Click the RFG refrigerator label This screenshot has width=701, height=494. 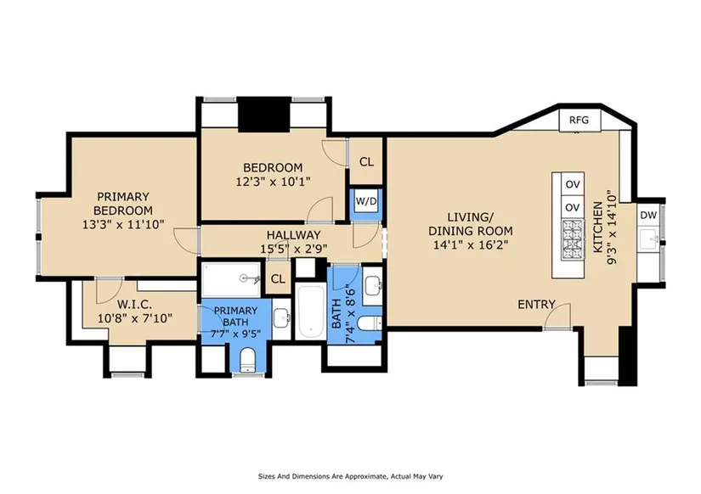click(x=579, y=121)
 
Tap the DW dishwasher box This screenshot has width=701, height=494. click(x=648, y=215)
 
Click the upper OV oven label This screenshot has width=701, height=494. click(x=573, y=184)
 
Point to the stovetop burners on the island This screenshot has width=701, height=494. click(x=573, y=241)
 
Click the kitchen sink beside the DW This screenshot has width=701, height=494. click(x=649, y=240)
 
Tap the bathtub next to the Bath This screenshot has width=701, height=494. click(x=311, y=312)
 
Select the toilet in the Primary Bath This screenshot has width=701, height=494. click(x=246, y=360)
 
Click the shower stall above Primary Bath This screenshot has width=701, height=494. click(x=231, y=279)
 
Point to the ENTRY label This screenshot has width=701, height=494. click(x=536, y=305)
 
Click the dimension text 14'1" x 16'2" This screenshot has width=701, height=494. click(x=471, y=244)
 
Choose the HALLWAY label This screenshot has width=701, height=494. click(x=294, y=235)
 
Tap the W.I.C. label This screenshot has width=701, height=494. click(x=134, y=305)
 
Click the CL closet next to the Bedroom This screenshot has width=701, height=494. click(x=366, y=161)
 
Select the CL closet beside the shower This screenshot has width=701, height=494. click(x=278, y=278)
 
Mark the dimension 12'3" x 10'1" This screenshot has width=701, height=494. click(x=273, y=182)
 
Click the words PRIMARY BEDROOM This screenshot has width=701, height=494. click(x=123, y=203)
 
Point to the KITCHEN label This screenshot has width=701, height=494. click(x=597, y=227)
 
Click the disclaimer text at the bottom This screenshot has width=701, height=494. click(x=350, y=476)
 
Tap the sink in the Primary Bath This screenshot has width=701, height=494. click(x=281, y=318)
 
